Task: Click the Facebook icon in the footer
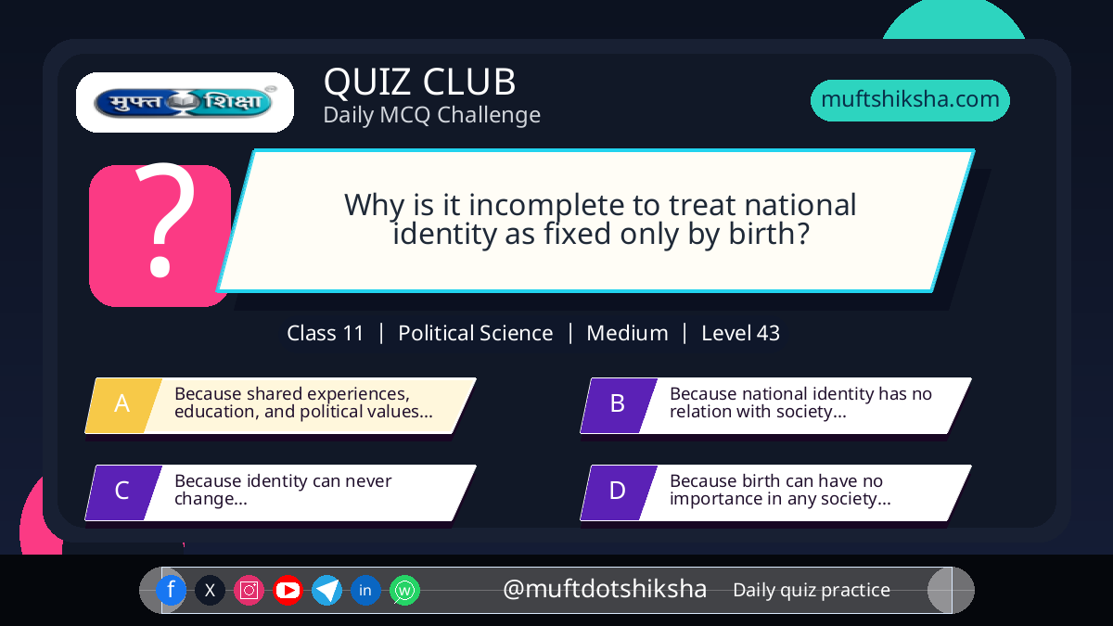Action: point(171,590)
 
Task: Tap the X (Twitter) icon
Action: point(210,590)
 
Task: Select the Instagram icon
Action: point(249,590)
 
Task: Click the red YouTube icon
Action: point(288,590)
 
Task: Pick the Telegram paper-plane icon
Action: point(326,590)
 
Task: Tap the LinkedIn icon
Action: point(365,590)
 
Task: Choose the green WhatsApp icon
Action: point(404,590)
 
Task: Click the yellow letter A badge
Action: point(123,405)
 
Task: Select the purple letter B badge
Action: point(619,405)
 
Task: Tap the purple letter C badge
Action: point(123,492)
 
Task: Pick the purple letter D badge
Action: point(619,492)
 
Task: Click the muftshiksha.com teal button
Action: point(910,100)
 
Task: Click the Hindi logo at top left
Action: point(185,102)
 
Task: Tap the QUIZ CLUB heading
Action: point(420,82)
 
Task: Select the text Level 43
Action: point(740,333)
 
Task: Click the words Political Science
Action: point(476,333)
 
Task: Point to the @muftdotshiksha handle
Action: point(605,589)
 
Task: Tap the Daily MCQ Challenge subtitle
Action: point(432,115)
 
